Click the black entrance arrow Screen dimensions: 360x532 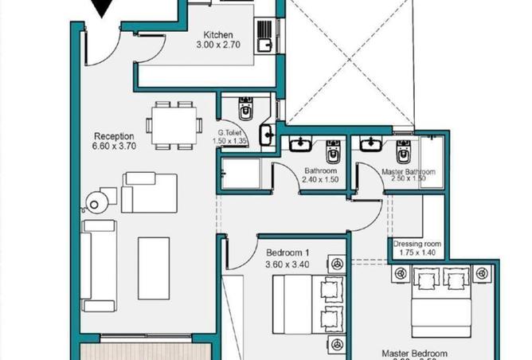click(101, 8)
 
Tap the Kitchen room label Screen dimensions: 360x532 click(217, 35)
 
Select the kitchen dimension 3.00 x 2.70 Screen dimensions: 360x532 click(217, 46)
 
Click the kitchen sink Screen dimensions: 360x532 click(264, 33)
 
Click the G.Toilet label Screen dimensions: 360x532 click(232, 132)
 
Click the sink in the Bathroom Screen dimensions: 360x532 click(301, 144)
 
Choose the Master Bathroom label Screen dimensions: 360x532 click(409, 171)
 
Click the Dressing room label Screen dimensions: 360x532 click(413, 244)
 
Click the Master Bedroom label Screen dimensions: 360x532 click(414, 353)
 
